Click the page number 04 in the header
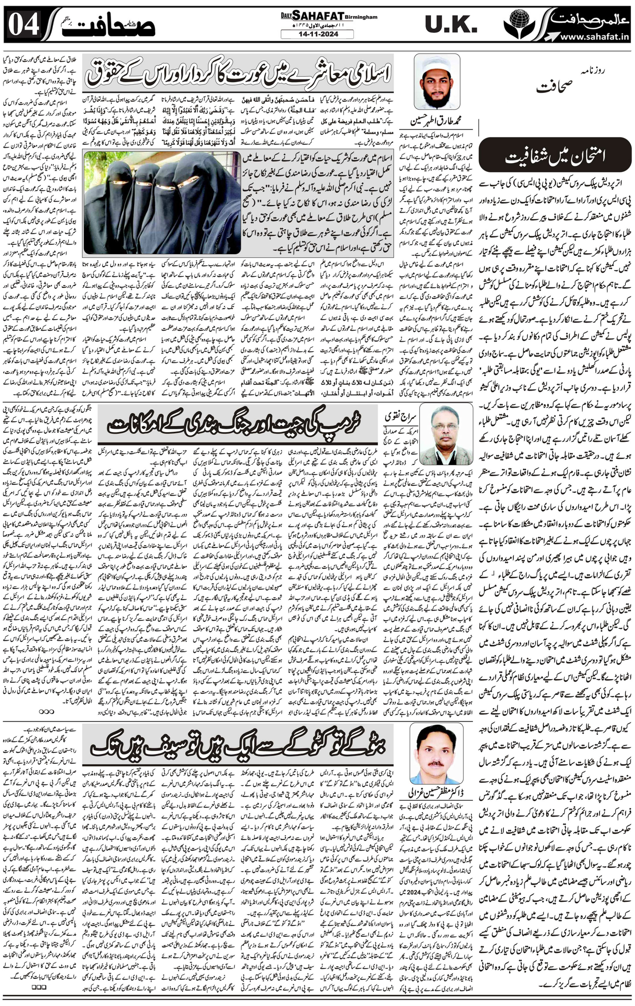pyautogui.click(x=24, y=24)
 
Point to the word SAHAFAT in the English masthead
pyautogui.click(x=323, y=16)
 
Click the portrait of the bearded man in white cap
pyautogui.click(x=437, y=81)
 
